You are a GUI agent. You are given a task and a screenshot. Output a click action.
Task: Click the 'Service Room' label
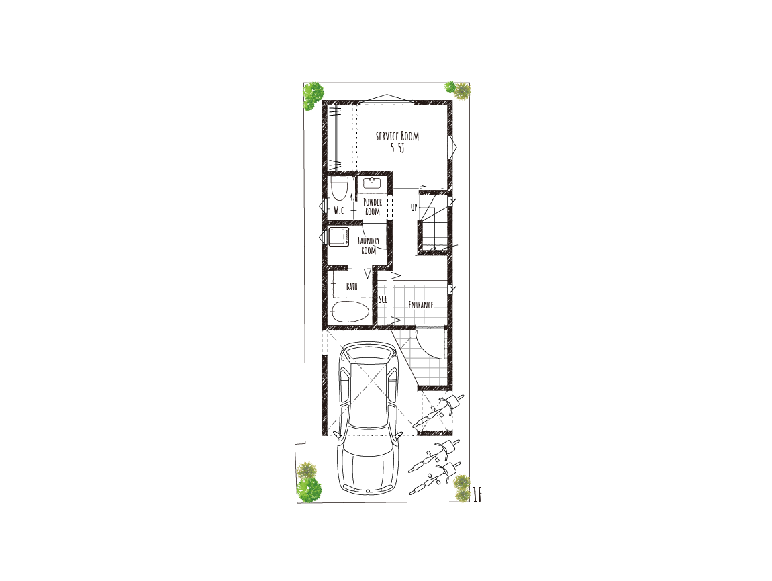[397, 136]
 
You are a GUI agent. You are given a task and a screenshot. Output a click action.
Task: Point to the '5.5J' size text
[397, 148]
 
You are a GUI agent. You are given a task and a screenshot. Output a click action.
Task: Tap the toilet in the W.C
[338, 189]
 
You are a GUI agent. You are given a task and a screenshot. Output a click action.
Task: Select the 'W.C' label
[339, 210]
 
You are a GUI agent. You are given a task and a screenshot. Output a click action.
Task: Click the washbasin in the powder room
[372, 184]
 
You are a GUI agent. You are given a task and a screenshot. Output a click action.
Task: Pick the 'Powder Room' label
[373, 207]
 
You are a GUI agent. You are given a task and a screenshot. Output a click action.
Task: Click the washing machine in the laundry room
[339, 236]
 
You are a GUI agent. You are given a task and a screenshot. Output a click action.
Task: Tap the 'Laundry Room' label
[369, 245]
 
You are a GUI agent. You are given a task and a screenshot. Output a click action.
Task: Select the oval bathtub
[350, 312]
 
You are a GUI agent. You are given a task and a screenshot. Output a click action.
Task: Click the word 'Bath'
[352, 286]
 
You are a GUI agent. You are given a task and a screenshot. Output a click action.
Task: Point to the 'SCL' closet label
[383, 299]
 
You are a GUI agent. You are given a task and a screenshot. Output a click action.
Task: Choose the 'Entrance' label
[421, 305]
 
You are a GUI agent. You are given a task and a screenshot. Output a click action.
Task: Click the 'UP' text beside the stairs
[414, 207]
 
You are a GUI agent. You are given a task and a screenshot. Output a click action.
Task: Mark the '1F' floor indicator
[477, 495]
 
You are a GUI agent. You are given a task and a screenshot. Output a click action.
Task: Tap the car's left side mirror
[336, 434]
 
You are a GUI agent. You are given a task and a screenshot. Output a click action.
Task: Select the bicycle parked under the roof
[438, 410]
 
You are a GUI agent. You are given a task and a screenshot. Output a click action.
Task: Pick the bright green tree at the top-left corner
[312, 95]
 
